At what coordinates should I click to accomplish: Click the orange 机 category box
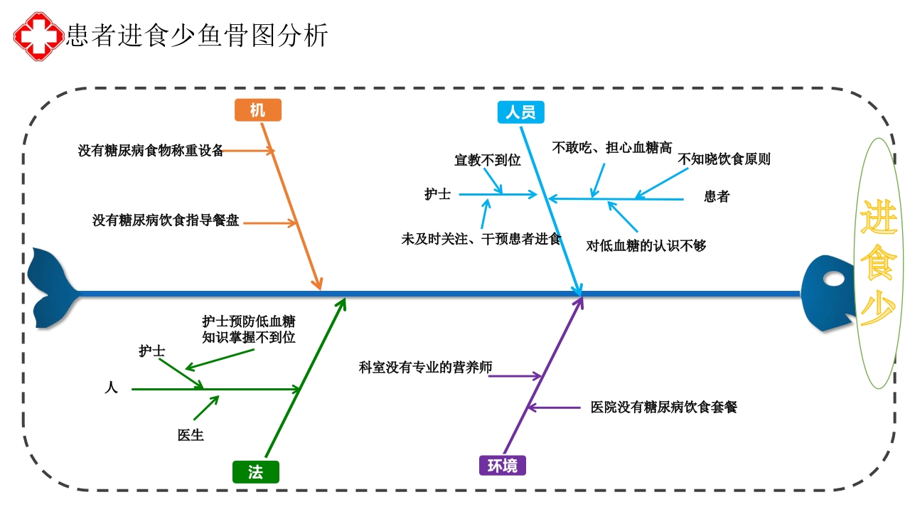[x=258, y=110]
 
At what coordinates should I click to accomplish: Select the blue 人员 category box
[x=520, y=112]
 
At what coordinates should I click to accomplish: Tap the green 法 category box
[x=255, y=472]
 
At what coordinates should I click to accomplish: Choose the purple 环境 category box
[x=502, y=466]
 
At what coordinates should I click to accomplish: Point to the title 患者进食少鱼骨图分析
[x=197, y=35]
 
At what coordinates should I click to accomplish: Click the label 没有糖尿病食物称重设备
[x=151, y=151]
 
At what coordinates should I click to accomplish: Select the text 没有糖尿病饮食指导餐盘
[x=166, y=220]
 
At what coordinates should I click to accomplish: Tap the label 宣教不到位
[x=488, y=160]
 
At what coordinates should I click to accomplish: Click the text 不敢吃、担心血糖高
[x=612, y=148]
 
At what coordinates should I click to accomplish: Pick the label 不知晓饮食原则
[x=724, y=159]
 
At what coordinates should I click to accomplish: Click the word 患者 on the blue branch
[x=717, y=197]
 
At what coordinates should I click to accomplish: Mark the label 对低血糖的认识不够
[x=646, y=246]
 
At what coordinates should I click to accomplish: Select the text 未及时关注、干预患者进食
[x=481, y=240]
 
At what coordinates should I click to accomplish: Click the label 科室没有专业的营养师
[x=425, y=368]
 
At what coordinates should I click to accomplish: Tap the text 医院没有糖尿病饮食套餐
[x=664, y=407]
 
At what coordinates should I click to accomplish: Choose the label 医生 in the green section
[x=191, y=435]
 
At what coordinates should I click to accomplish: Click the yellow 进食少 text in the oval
[x=879, y=263]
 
